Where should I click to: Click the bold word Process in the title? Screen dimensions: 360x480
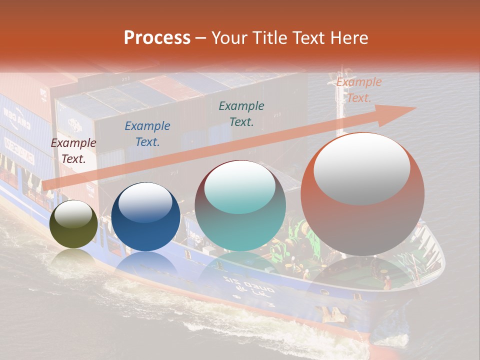pos(157,38)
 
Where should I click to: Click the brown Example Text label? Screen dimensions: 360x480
pos(73,151)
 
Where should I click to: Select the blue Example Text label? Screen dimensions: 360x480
pos(147,134)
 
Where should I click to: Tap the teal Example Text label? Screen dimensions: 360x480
pos(241,113)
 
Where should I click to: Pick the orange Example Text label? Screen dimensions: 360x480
pos(359,90)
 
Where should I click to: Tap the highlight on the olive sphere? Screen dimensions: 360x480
pos(73,215)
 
